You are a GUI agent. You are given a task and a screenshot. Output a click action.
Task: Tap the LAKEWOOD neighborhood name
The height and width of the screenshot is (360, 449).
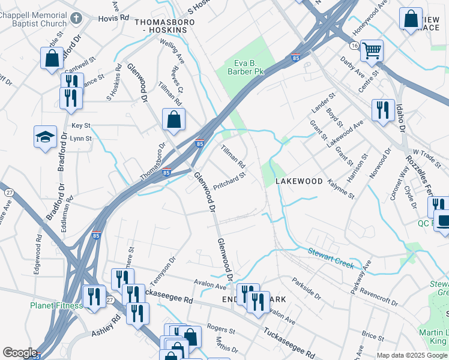click(299, 181)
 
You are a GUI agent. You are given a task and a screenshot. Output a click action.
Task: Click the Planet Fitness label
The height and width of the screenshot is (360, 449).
click(56, 305)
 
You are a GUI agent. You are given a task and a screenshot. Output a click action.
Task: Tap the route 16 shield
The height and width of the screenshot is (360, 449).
click(355, 46)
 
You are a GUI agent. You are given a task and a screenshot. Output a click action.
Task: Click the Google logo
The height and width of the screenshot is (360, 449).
click(19, 353)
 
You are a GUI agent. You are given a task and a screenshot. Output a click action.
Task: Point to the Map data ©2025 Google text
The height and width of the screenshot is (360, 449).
click(411, 355)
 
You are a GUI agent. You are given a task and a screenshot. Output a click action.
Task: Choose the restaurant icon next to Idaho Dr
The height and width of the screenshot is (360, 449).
click(383, 110)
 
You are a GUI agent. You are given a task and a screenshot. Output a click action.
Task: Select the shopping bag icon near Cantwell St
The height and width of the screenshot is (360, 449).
click(52, 58)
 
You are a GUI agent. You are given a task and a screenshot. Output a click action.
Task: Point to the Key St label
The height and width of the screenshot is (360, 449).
click(80, 125)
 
